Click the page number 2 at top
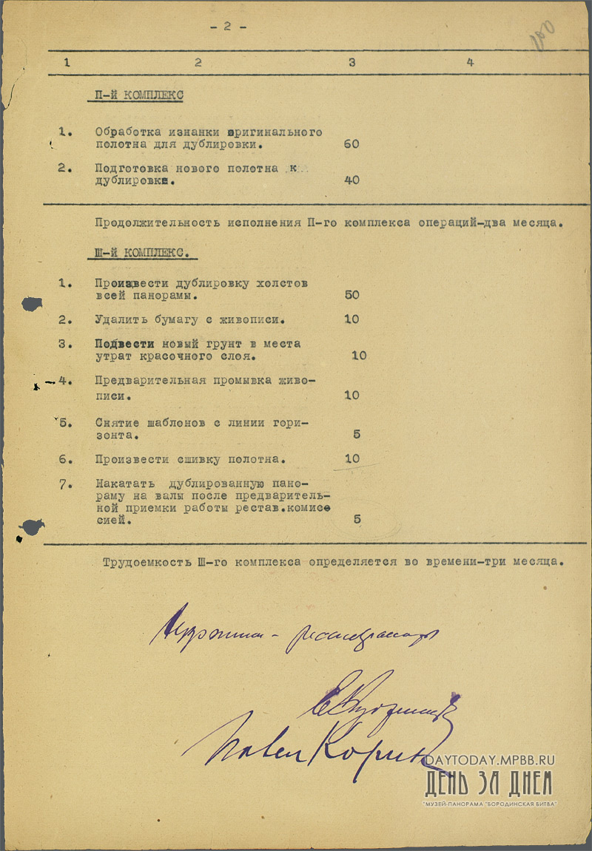pyautogui.click(x=227, y=27)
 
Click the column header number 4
pyautogui.click(x=470, y=63)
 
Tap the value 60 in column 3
pyautogui.click(x=351, y=144)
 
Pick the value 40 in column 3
pyautogui.click(x=351, y=180)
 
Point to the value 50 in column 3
pyautogui.click(x=351, y=295)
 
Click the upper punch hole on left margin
pyautogui.click(x=32, y=303)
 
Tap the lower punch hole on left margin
pyautogui.click(x=32, y=527)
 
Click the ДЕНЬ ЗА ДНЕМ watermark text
pyautogui.click(x=488, y=783)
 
